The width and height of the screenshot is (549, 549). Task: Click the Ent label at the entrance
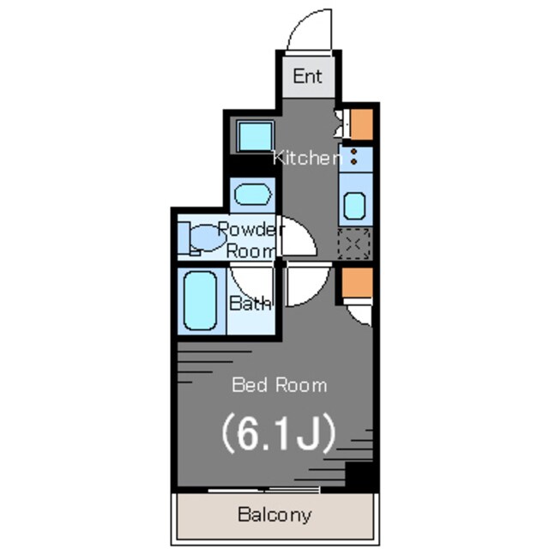pos(307,76)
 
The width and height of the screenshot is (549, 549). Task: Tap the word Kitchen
pos(307,158)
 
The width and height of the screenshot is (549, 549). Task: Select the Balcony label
pos(274,515)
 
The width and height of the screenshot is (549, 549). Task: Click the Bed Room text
pos(280,385)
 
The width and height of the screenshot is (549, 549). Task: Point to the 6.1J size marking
pos(279,433)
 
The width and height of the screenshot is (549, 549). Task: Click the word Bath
pos(250,303)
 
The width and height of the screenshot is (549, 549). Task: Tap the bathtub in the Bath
pos(200,301)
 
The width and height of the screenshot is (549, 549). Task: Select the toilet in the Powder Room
pos(202,238)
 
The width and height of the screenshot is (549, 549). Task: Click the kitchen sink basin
pos(354,206)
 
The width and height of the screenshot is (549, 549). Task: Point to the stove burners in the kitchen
pos(354,156)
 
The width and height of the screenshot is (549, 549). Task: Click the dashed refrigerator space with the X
pos(354,244)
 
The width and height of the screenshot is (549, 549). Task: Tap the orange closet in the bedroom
pos(357,282)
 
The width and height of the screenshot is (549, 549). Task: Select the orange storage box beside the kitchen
pos(362,124)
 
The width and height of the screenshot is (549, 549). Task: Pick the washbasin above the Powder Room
pos(253,195)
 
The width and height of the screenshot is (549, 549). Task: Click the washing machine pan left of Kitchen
pos(255,136)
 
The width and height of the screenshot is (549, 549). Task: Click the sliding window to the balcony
pos(263,490)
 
